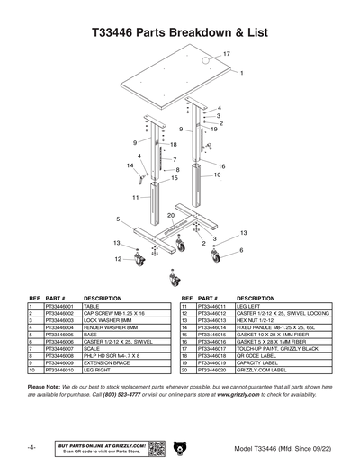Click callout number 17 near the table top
[226, 55]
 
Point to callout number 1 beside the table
[241, 73]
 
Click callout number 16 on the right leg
[221, 166]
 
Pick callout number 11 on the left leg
[135, 196]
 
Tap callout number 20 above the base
[170, 216]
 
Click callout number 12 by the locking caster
[117, 259]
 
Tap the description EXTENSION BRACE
[109, 362]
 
